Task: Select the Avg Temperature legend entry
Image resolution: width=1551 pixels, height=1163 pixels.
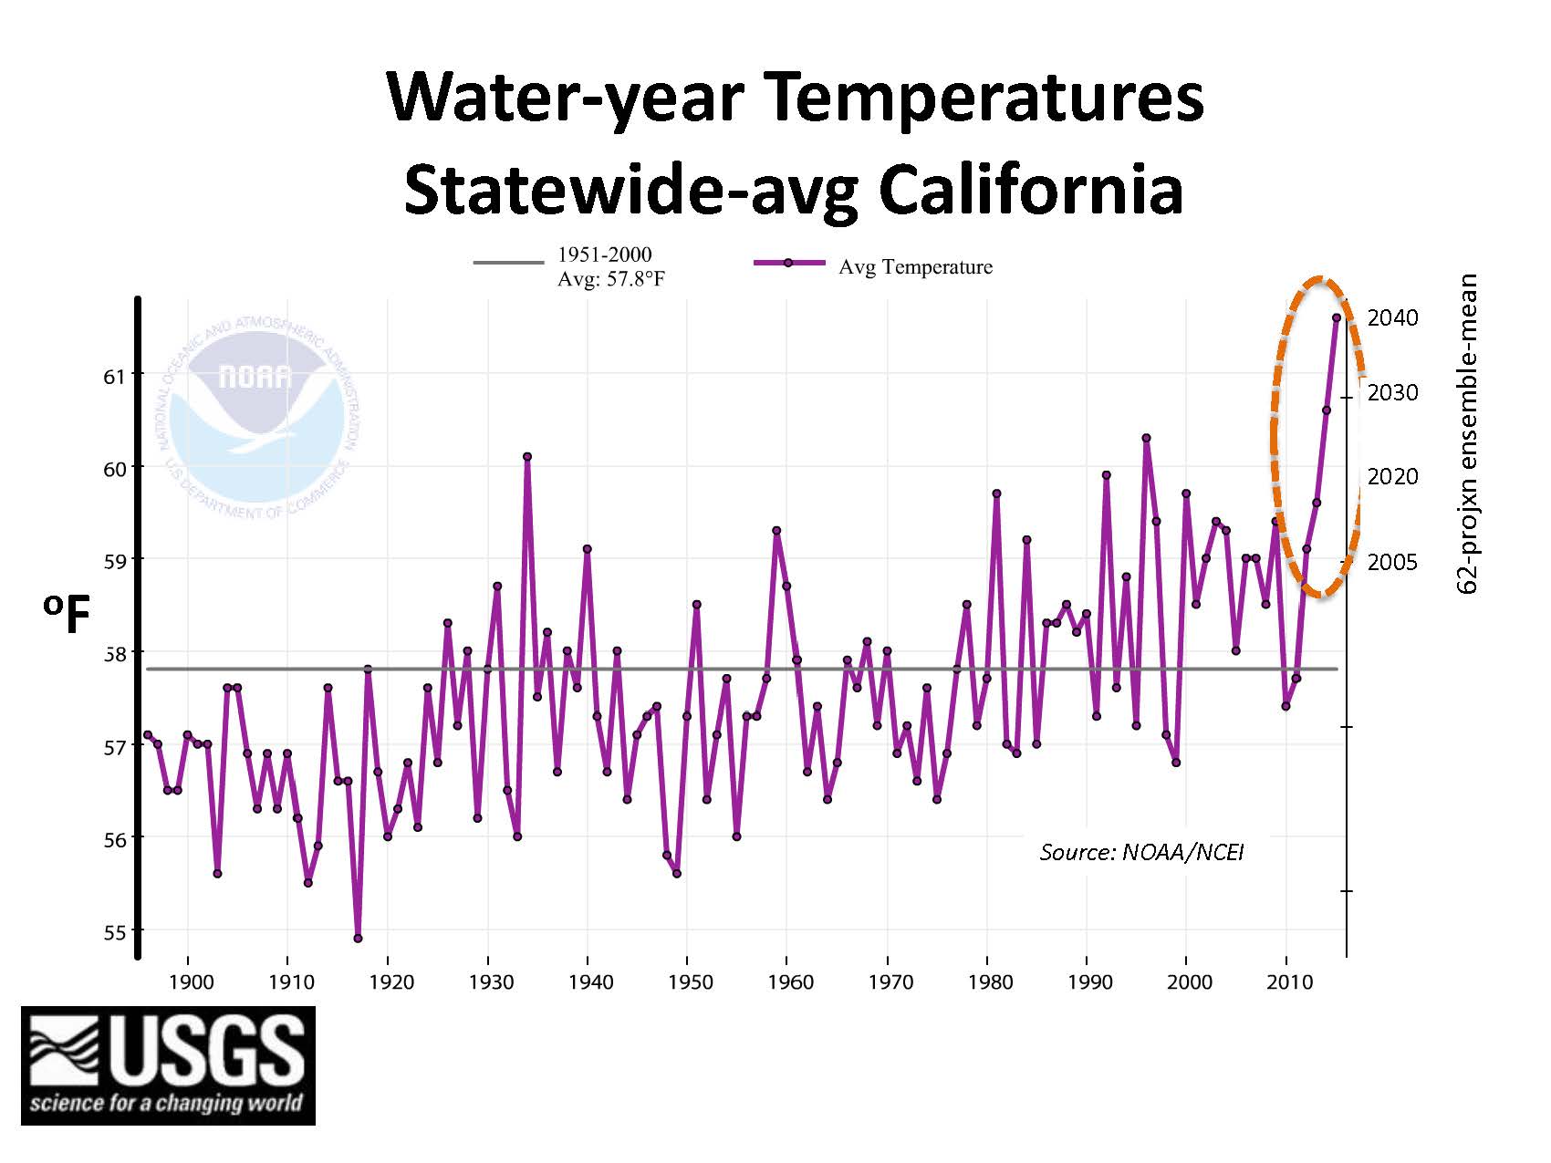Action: (x=914, y=266)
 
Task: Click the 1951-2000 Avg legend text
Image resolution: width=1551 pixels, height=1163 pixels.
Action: (x=610, y=266)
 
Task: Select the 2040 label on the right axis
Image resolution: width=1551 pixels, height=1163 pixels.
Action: (x=1392, y=317)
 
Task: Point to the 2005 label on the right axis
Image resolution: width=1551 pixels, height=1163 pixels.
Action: (x=1392, y=562)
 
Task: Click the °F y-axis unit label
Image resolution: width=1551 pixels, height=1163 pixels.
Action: (x=67, y=615)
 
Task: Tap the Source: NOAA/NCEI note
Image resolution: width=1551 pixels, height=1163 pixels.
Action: (x=1141, y=852)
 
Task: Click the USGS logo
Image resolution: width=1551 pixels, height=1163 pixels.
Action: (x=168, y=1064)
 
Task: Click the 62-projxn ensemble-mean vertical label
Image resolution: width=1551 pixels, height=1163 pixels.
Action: (x=1466, y=434)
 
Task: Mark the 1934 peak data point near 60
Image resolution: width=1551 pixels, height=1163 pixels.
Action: (x=527, y=456)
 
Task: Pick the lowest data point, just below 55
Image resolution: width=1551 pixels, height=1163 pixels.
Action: (x=358, y=939)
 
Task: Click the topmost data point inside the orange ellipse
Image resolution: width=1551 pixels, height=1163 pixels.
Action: (x=1337, y=317)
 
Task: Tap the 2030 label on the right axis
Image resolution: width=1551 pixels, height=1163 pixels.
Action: (x=1392, y=392)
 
